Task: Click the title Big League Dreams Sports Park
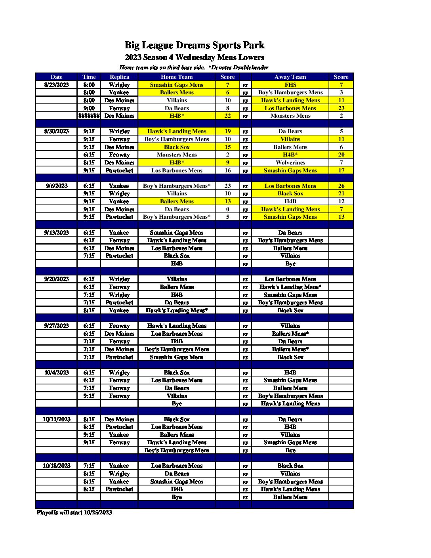[x=194, y=46]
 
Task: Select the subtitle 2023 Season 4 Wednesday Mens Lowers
[x=194, y=57]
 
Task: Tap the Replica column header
[x=119, y=77]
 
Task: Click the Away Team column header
[x=290, y=77]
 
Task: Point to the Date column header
[x=57, y=77]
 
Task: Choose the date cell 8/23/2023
[x=57, y=85]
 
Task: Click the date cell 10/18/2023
[x=57, y=466]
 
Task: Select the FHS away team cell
[x=290, y=85]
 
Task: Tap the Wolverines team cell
[x=290, y=162]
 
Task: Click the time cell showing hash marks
[x=89, y=116]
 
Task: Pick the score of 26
[x=341, y=186]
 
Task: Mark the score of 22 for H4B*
[x=227, y=116]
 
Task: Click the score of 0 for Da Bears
[x=227, y=209]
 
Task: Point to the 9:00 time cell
[x=89, y=108]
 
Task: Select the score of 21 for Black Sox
[x=341, y=193]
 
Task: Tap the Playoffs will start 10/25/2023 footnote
[x=74, y=512]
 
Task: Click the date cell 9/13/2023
[x=57, y=233]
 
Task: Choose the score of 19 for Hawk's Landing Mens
[x=227, y=131]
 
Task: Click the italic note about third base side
[x=194, y=67]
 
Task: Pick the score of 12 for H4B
[x=341, y=201]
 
